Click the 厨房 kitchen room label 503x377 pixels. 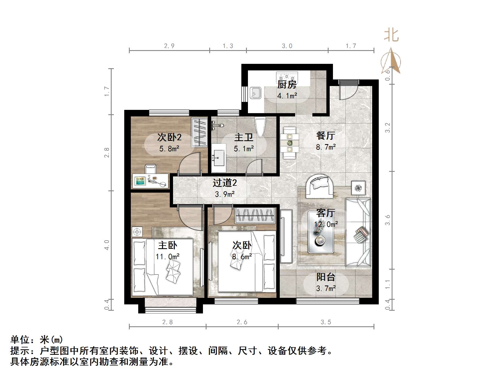click(287, 85)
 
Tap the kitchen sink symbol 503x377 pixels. click(255, 93)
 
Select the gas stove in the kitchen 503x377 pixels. click(287, 76)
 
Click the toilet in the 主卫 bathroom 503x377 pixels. click(260, 126)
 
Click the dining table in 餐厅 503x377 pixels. click(290, 143)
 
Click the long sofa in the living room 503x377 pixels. click(358, 232)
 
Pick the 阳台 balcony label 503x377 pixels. click(326, 277)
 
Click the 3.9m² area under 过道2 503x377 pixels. click(225, 194)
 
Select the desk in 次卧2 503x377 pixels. click(150, 181)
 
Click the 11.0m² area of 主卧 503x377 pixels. click(167, 257)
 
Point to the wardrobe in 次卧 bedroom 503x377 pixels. click(255, 215)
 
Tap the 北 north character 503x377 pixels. click(391, 35)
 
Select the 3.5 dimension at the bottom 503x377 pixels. click(326, 322)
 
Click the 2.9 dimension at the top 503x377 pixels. click(169, 46)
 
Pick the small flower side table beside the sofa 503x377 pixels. click(358, 188)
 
